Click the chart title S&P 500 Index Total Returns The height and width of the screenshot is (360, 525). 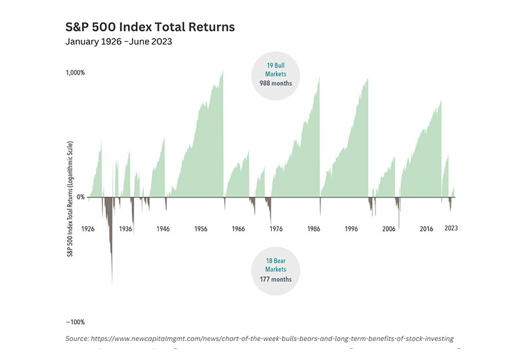pyautogui.click(x=150, y=27)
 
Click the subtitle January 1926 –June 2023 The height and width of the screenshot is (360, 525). pyautogui.click(x=119, y=41)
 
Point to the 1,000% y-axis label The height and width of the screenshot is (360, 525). pyautogui.click(x=75, y=73)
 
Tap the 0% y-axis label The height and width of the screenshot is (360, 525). pyautogui.click(x=81, y=197)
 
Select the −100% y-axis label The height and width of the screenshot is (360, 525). pyautogui.click(x=75, y=322)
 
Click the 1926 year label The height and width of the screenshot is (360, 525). pyautogui.click(x=88, y=229)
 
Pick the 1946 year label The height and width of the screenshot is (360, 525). pyautogui.click(x=163, y=229)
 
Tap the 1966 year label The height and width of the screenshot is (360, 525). pyautogui.click(x=238, y=229)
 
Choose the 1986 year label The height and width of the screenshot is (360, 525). pyautogui.click(x=314, y=229)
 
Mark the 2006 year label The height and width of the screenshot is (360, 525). pyautogui.click(x=388, y=229)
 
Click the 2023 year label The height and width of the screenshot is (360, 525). pyautogui.click(x=451, y=228)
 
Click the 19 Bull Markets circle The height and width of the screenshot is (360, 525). pyautogui.click(x=276, y=76)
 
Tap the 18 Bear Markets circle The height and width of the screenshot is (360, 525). pyautogui.click(x=276, y=271)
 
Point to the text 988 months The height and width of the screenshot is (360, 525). pyautogui.click(x=276, y=83)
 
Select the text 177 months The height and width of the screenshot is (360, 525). pyautogui.click(x=276, y=279)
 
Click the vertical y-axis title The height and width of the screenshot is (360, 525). pyautogui.click(x=70, y=199)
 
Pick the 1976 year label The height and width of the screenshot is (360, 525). pyautogui.click(x=276, y=229)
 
